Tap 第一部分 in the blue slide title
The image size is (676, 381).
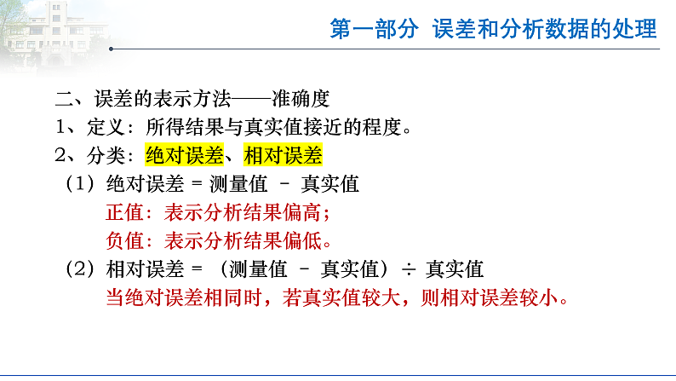tap(375, 29)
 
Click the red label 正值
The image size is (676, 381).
tap(124, 212)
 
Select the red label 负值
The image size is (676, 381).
tap(124, 240)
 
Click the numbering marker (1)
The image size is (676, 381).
tap(82, 184)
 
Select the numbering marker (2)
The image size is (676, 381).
tap(82, 269)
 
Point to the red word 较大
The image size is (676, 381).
tap(370, 299)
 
